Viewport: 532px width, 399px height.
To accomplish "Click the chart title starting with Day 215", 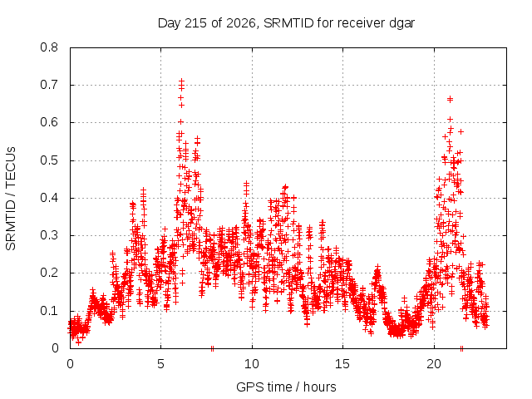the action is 286,23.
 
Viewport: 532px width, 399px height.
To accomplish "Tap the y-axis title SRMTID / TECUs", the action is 11,199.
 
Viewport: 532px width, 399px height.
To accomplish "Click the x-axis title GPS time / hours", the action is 286,387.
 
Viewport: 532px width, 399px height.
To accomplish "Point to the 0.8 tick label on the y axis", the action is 49,47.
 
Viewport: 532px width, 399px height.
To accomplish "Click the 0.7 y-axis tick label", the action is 49,85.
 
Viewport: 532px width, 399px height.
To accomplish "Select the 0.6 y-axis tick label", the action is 49,122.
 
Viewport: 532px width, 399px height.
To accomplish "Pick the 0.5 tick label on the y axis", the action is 49,160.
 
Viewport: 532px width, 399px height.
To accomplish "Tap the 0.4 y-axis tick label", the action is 49,198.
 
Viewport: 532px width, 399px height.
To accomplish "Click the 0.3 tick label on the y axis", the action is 49,235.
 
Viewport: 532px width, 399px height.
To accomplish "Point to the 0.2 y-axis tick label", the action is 49,273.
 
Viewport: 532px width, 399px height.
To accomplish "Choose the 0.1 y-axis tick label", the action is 49,310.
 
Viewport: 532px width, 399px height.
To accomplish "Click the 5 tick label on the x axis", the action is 160,364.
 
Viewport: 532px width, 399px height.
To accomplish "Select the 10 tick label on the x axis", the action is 252,364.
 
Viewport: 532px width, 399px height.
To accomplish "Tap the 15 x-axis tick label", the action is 342,364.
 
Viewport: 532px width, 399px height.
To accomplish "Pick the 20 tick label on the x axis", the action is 434,364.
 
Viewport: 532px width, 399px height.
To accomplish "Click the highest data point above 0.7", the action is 181,81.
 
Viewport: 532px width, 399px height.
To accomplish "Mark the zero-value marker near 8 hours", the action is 213,348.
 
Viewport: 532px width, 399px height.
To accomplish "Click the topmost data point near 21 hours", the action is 450,99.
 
